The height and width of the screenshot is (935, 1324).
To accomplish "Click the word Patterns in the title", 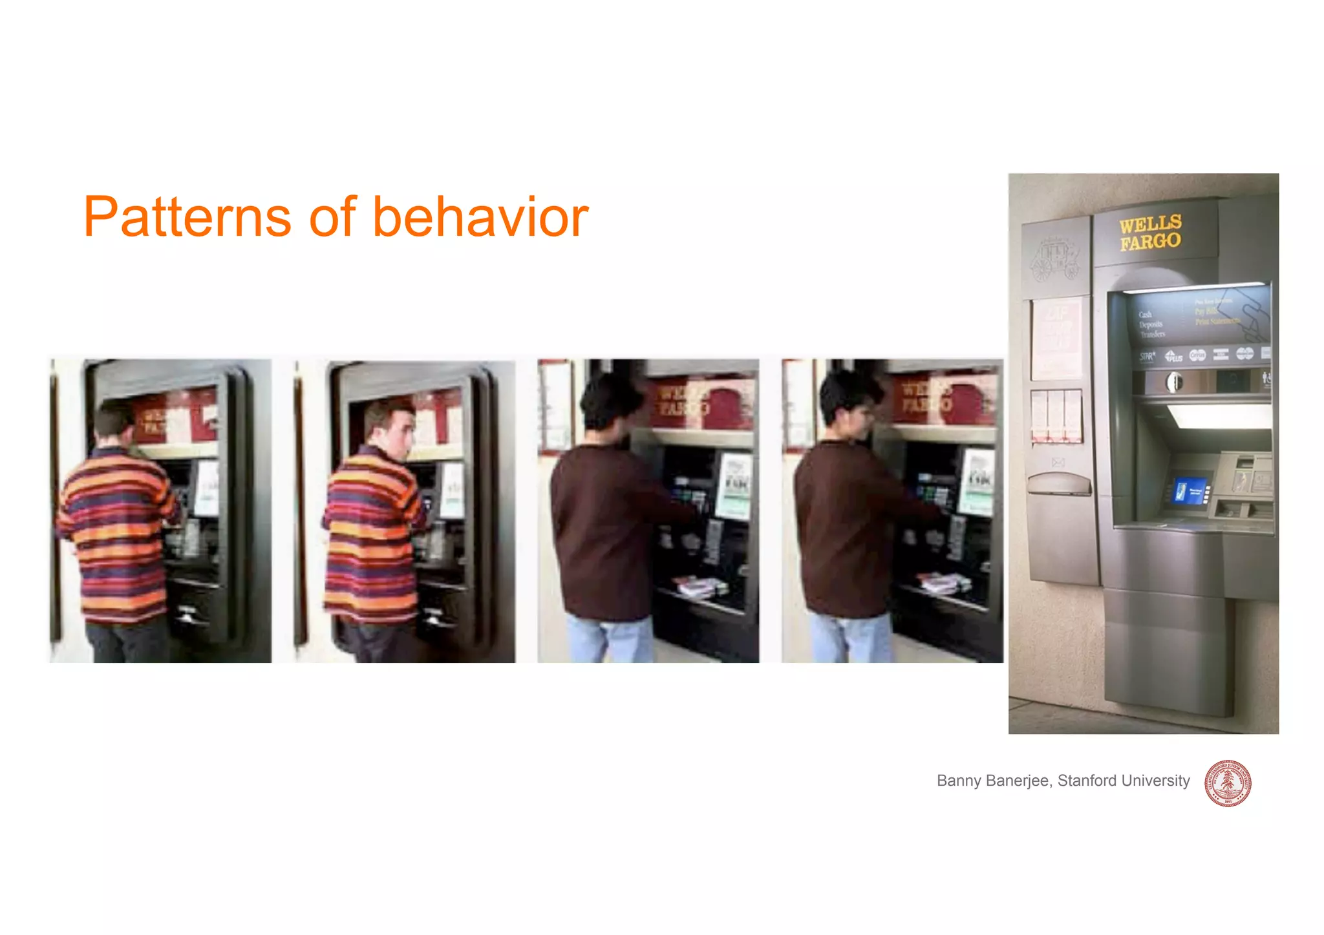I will (187, 217).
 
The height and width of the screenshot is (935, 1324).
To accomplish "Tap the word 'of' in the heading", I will (332, 217).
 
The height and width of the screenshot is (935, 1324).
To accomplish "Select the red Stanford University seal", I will (1227, 783).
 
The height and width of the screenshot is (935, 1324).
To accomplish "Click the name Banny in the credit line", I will (959, 781).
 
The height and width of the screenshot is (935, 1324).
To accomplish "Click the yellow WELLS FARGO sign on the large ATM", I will (1150, 233).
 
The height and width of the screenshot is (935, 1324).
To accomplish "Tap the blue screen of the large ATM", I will (1190, 492).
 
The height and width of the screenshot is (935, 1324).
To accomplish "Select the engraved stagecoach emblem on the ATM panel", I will (1055, 259).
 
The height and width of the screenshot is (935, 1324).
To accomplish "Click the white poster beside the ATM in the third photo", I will (735, 485).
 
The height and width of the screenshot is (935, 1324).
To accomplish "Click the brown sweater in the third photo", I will (601, 530).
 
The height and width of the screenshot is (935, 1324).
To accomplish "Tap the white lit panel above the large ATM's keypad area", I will (1219, 416).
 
